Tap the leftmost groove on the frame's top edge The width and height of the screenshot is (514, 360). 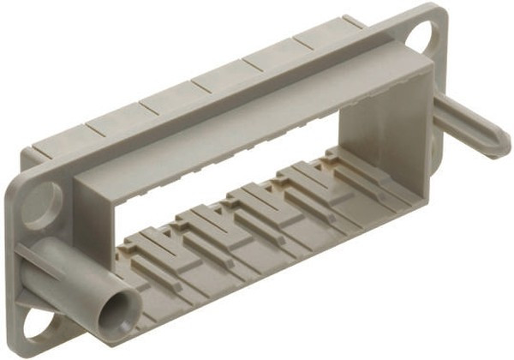pyautogui.click(x=86, y=130)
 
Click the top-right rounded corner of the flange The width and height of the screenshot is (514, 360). pyautogui.click(x=441, y=12)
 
